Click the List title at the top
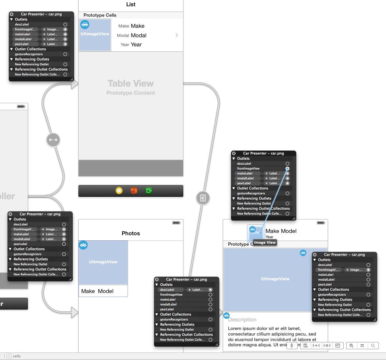point(131,5)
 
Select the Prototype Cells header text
point(100,15)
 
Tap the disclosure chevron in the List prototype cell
point(177,35)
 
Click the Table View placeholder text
point(131,84)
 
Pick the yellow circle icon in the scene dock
point(119,191)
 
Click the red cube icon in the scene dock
point(134,191)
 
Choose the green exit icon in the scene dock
point(149,191)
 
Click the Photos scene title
point(131,233)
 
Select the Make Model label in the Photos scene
point(97,291)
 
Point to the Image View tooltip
point(265,242)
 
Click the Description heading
point(242,319)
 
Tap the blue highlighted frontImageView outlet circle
point(287,169)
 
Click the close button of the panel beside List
point(11,14)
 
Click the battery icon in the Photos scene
point(176,223)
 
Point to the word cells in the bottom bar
point(17,356)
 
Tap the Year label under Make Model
point(270,237)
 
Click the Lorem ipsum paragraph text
point(272,336)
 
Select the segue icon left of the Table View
point(53,140)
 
